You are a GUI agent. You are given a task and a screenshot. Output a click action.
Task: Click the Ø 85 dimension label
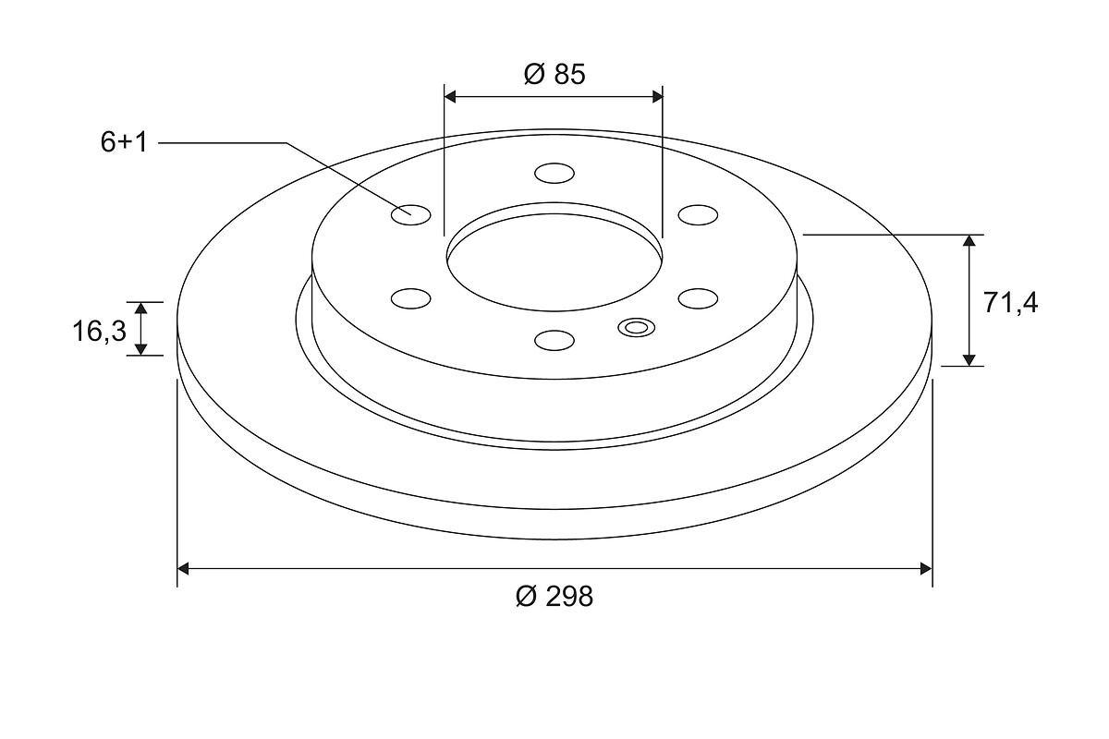click(554, 74)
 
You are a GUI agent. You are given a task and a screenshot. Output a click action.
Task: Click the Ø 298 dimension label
click(554, 597)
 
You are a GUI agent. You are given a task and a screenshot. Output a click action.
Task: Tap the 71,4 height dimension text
click(1010, 303)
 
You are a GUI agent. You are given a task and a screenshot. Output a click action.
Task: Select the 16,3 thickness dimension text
click(99, 331)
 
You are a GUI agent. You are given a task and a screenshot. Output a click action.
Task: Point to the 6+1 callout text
click(124, 142)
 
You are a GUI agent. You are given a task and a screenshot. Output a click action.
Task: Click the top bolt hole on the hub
click(554, 174)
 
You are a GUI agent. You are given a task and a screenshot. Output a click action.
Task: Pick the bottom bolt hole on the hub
click(554, 341)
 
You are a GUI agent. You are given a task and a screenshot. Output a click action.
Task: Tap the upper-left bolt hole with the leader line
click(411, 215)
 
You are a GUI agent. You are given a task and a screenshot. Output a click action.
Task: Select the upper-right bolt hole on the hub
click(698, 215)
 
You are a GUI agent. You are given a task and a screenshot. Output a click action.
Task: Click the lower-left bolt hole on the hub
click(411, 298)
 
